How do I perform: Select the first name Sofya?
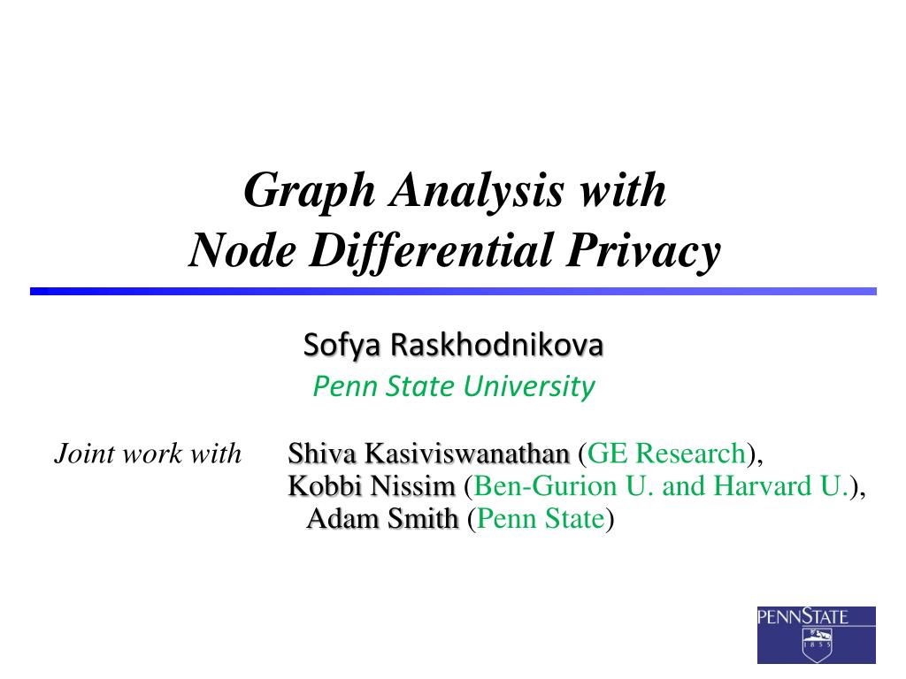tap(334, 345)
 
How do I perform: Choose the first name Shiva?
tap(322, 454)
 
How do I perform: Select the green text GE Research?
tap(667, 454)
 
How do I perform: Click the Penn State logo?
tap(816, 634)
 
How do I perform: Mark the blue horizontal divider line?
tap(453, 291)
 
